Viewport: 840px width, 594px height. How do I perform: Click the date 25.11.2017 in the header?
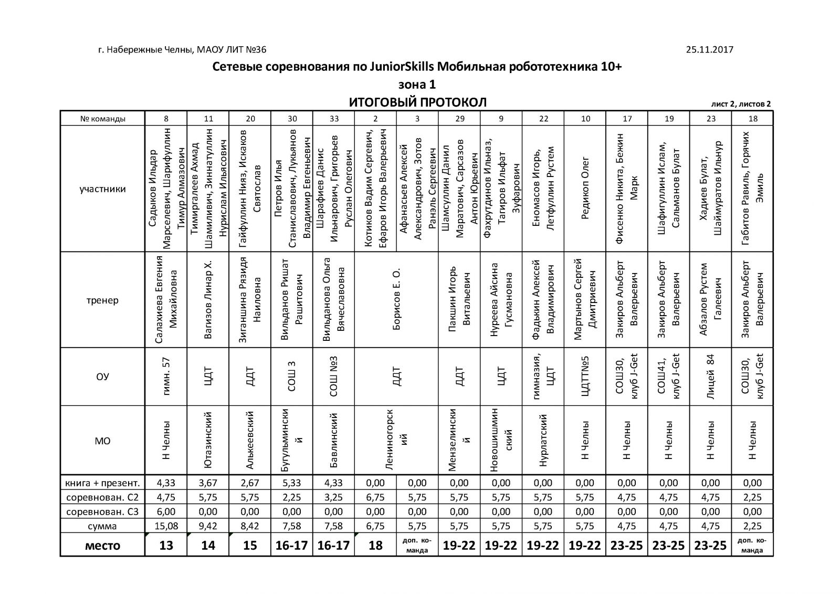709,50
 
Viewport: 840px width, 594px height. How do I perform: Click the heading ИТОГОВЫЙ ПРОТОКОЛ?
418,102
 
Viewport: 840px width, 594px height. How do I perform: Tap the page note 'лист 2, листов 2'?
741,104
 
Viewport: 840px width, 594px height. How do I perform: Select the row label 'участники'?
102,189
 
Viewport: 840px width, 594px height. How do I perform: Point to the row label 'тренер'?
102,300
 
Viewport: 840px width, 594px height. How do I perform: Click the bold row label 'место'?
102,545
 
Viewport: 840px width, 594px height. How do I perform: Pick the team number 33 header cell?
334,119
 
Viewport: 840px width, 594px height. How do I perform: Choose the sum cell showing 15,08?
166,526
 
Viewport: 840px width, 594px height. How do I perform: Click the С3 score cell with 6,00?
166,512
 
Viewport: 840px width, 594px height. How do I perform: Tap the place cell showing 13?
166,545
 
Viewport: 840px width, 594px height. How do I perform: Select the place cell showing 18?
375,545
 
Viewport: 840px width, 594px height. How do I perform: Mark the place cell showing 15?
250,545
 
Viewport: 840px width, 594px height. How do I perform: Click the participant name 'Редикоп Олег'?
585,189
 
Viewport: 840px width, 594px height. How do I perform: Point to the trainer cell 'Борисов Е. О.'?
396,300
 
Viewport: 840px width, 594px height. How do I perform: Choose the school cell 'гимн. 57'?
166,376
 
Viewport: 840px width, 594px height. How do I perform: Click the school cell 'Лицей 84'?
711,376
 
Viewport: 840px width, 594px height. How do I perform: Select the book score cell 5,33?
292,483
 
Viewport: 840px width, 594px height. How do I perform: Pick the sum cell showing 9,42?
208,526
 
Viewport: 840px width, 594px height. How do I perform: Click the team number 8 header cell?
166,119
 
